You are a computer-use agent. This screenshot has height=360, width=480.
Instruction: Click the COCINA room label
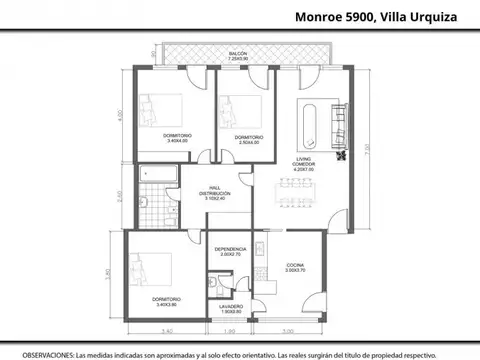click(293, 263)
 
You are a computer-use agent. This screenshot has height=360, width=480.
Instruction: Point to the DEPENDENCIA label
click(230, 250)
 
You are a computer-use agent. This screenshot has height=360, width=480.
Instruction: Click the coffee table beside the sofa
click(307, 120)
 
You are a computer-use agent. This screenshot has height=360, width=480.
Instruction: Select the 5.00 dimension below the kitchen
click(286, 331)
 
